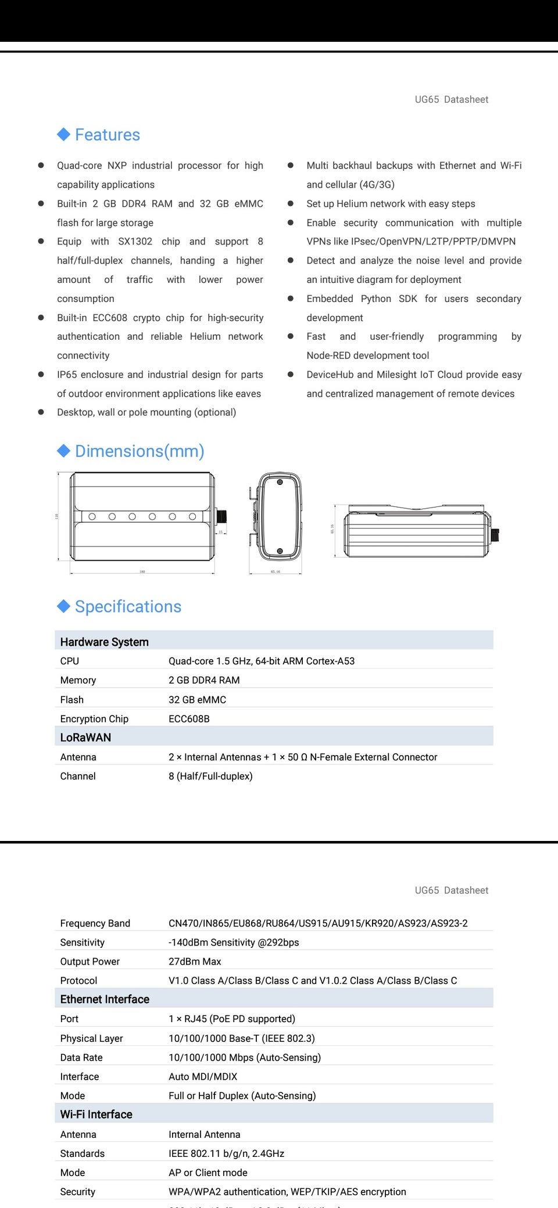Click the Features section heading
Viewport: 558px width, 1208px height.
[x=108, y=135]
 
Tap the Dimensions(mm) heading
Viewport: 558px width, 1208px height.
[x=139, y=451]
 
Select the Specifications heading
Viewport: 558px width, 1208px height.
[x=128, y=606]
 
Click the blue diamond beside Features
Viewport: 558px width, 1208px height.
[x=63, y=134]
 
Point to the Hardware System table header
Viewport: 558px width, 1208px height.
[x=105, y=642]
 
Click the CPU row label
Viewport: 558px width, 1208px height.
[x=70, y=661]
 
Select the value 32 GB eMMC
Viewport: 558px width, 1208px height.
[x=197, y=700]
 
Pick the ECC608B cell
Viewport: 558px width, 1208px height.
[x=189, y=718]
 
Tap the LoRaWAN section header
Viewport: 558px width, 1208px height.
[x=85, y=737]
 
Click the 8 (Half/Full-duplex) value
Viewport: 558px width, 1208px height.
[x=210, y=776]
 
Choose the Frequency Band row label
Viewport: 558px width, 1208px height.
[x=95, y=923]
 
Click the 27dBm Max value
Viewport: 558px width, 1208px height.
[x=195, y=961]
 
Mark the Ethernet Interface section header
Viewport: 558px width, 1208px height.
[x=105, y=999]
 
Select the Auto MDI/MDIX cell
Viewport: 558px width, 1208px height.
[x=203, y=1076]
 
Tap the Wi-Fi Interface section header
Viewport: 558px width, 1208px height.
[x=96, y=1114]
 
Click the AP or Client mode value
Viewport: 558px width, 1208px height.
[x=208, y=1173]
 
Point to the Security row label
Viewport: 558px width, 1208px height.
[x=78, y=1192]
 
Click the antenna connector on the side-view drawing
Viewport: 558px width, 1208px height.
[x=495, y=534]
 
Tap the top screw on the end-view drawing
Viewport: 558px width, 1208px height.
[x=280, y=482]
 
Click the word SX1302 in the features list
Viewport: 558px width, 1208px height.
[x=135, y=242]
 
